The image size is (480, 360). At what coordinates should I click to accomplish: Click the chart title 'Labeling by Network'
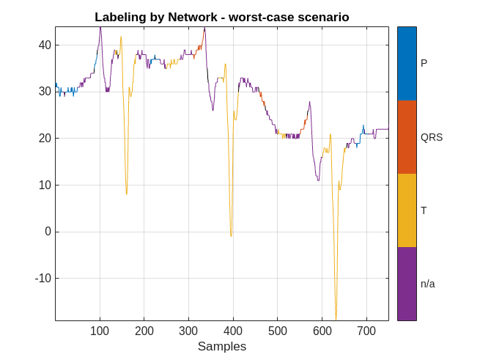[221, 17]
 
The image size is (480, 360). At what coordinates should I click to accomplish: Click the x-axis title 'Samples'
[221, 346]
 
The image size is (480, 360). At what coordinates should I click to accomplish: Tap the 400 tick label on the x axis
[233, 331]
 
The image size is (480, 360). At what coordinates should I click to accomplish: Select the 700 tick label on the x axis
[366, 331]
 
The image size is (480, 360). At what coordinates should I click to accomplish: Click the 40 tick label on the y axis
[45, 45]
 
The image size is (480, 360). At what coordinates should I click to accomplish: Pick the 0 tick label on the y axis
[48, 232]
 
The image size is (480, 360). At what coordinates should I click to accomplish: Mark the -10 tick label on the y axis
[43, 279]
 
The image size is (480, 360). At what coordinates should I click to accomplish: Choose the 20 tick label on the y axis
[45, 138]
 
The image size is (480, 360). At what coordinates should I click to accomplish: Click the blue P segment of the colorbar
[407, 64]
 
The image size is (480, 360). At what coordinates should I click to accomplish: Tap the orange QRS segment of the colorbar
[407, 137]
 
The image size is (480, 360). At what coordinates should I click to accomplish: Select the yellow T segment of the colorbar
[407, 210]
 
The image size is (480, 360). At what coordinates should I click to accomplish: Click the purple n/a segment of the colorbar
[407, 284]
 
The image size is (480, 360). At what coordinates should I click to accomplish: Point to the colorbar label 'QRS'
[432, 137]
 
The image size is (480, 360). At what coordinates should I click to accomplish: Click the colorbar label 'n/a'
[428, 284]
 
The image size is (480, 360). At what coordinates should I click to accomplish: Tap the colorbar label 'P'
[424, 64]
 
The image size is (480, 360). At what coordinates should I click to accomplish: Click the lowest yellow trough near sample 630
[336, 319]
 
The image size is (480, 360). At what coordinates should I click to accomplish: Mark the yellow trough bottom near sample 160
[126, 194]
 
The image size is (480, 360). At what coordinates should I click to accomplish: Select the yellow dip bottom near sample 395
[231, 235]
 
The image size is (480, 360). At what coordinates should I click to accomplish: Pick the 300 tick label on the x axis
[188, 331]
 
